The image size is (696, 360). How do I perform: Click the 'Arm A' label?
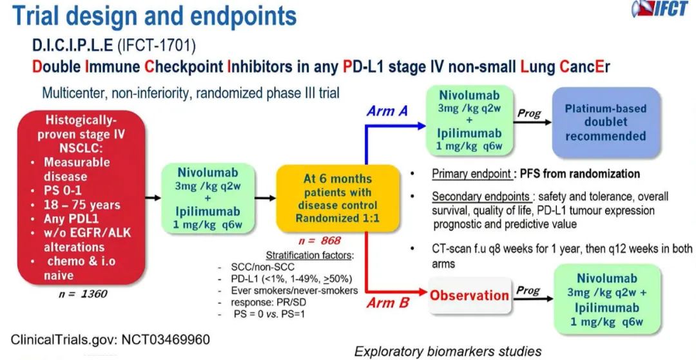click(387, 111)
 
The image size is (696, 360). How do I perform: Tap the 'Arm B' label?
click(388, 302)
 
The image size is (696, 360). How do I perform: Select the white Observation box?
click(469, 296)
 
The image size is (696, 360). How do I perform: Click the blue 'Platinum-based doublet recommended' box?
click(605, 122)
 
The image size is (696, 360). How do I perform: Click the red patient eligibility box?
click(80, 196)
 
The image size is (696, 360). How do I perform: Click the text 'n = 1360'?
click(81, 294)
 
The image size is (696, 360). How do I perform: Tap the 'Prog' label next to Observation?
click(528, 290)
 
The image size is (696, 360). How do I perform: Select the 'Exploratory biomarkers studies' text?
click(448, 351)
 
